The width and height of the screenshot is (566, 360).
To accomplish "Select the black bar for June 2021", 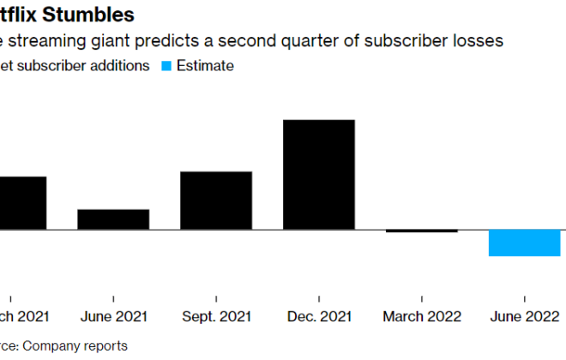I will tap(113, 219).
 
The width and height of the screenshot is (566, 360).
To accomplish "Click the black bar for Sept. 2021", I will tap(216, 201).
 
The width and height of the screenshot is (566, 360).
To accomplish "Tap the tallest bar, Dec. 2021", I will tap(319, 175).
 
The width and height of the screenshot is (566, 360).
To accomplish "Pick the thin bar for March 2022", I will tap(422, 231).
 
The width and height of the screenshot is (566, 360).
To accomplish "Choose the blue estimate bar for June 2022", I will tap(525, 243).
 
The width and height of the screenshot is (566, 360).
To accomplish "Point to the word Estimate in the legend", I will tap(205, 66).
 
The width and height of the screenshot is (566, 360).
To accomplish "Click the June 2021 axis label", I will tap(113, 316).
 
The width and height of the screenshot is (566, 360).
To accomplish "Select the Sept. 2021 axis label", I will tap(216, 316).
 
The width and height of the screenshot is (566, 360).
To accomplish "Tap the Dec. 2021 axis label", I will tap(319, 316).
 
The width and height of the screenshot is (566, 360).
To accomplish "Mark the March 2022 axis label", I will tap(422, 316).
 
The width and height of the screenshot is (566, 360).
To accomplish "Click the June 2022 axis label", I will tap(525, 316).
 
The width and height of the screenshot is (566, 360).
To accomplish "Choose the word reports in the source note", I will tap(105, 346).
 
